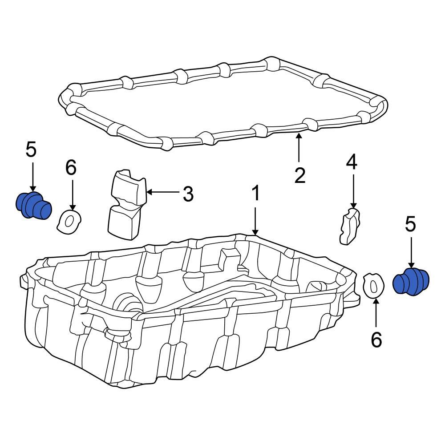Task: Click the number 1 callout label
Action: coord(255,194)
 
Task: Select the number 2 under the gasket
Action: coord(300,176)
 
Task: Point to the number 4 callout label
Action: coord(352,163)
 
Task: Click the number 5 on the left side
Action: coord(31,150)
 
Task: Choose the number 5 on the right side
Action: coord(410,224)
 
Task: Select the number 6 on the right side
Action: coord(376,340)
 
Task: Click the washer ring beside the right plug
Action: coord(373,285)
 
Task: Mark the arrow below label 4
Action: coord(353,191)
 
